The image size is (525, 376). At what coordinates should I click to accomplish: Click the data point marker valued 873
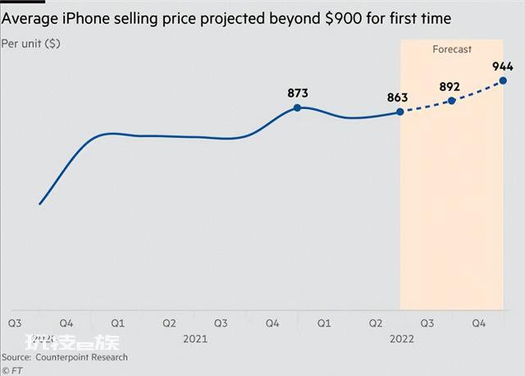tap(297, 108)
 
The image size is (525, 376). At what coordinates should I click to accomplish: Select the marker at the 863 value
tap(400, 112)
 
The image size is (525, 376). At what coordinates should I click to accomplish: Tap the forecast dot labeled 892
tap(451, 101)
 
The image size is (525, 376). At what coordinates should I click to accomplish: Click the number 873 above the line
tap(297, 92)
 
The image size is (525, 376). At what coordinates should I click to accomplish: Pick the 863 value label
tap(397, 97)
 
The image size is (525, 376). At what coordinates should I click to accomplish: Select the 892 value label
tap(449, 85)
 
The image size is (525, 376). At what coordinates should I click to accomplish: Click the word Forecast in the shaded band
tap(452, 49)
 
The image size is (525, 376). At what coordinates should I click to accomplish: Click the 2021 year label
tap(195, 338)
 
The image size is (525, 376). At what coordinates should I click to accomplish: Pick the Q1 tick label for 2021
tap(117, 323)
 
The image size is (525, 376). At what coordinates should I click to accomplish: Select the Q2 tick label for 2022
tap(376, 323)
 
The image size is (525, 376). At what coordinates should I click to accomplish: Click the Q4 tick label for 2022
tap(479, 323)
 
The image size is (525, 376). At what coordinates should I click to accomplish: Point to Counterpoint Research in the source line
tap(81, 357)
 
